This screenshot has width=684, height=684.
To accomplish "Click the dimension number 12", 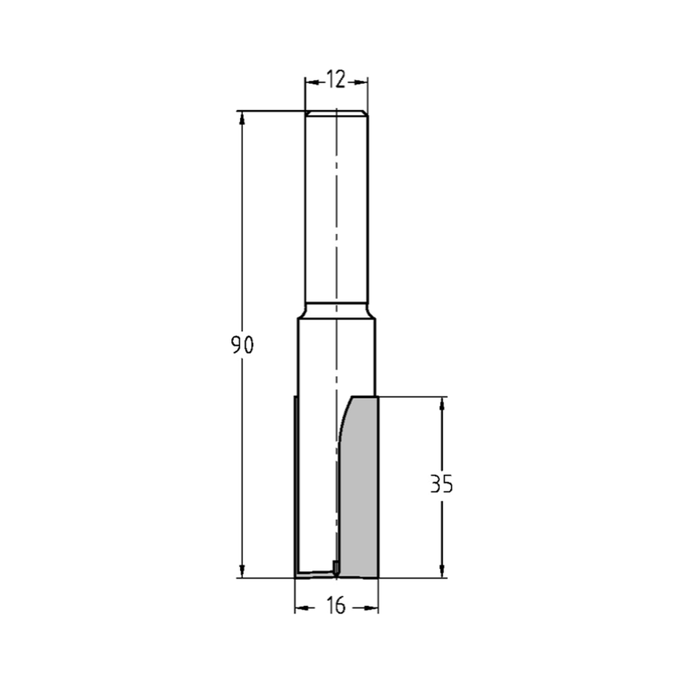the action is (336, 80).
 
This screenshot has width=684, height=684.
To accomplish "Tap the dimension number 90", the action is (242, 345).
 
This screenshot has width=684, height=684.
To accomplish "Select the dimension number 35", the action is (441, 484).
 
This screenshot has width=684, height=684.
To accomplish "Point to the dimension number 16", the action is (337, 606).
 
